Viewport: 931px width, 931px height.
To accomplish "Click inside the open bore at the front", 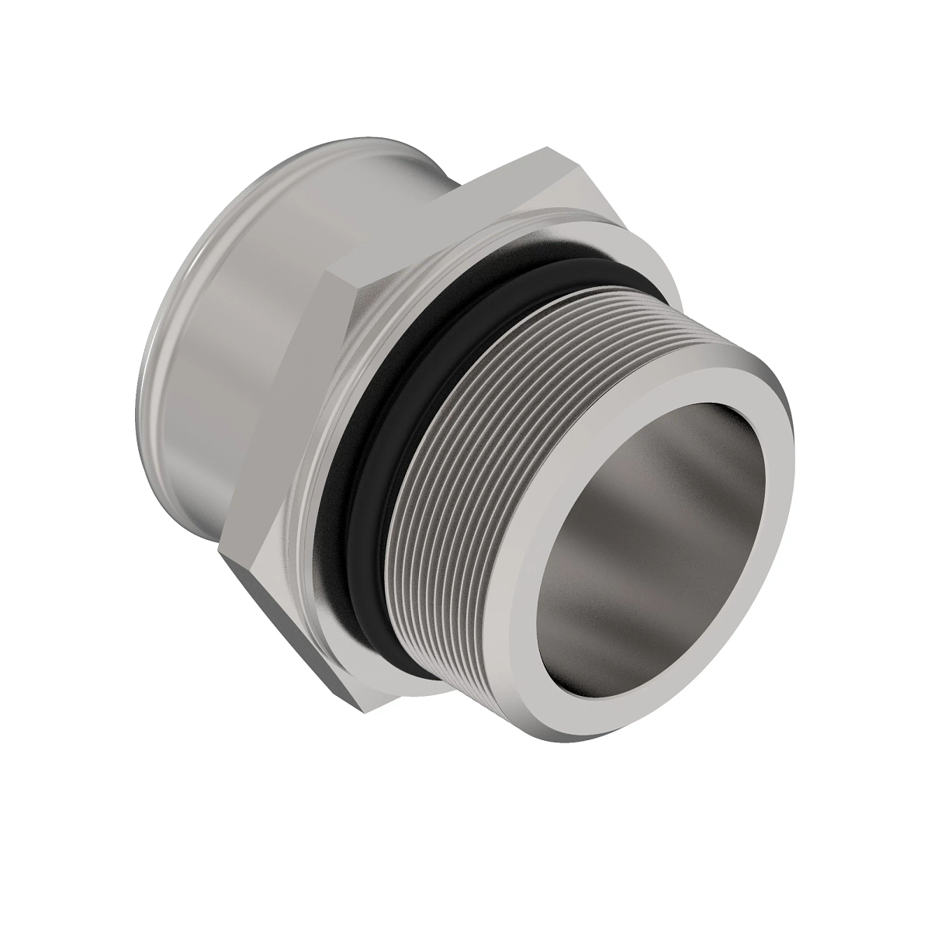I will (x=659, y=543).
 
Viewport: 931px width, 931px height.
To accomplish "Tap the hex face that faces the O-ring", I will (x=341, y=372).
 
